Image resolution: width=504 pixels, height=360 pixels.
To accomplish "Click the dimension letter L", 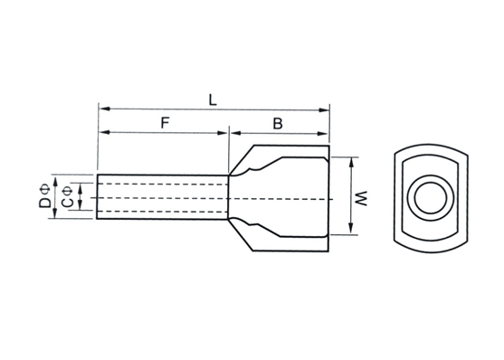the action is pyautogui.click(x=213, y=100).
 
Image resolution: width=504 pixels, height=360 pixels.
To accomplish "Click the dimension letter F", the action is pyautogui.click(x=165, y=123).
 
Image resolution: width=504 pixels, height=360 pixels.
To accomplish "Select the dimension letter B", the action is pyautogui.click(x=278, y=124).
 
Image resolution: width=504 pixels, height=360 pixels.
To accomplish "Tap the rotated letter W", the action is pyautogui.click(x=362, y=198).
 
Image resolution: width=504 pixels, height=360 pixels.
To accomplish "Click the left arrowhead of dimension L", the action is pyautogui.click(x=104, y=109).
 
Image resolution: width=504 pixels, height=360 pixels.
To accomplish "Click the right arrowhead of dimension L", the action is pyautogui.click(x=323, y=110).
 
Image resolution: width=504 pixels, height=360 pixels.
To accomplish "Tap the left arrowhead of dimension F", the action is pyautogui.click(x=104, y=132).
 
